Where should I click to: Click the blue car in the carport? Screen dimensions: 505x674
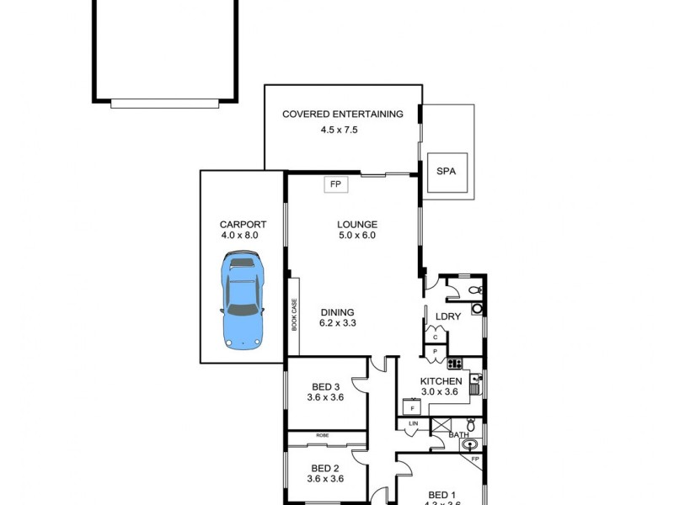[243, 301]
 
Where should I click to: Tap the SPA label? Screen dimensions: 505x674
[446, 171]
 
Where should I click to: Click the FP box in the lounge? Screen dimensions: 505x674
[334, 183]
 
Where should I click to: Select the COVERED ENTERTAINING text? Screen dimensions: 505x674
[342, 114]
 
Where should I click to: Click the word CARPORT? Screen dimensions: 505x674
[243, 225]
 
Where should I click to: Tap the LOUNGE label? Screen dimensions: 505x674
[356, 225]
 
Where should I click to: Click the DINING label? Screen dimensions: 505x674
[336, 312]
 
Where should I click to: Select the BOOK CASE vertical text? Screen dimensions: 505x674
[295, 316]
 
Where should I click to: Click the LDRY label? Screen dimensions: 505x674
[447, 316]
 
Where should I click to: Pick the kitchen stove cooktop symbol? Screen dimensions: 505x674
[454, 364]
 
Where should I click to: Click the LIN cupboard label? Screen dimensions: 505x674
[414, 423]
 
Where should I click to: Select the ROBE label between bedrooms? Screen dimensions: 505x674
[323, 435]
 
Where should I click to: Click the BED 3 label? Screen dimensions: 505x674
[324, 387]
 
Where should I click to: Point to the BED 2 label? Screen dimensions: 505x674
[324, 468]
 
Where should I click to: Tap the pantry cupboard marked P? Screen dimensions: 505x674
[436, 350]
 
